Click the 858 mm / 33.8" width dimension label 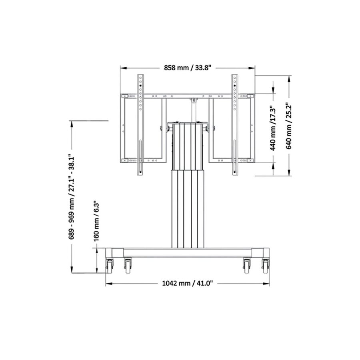click(x=188, y=68)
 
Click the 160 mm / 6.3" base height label click(x=96, y=221)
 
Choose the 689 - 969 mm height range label click(x=72, y=198)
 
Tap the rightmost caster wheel click(x=265, y=265)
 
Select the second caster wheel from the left click(x=128, y=266)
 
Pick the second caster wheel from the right click(x=246, y=266)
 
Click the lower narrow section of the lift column click(x=187, y=208)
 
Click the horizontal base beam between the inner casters click(x=187, y=253)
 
